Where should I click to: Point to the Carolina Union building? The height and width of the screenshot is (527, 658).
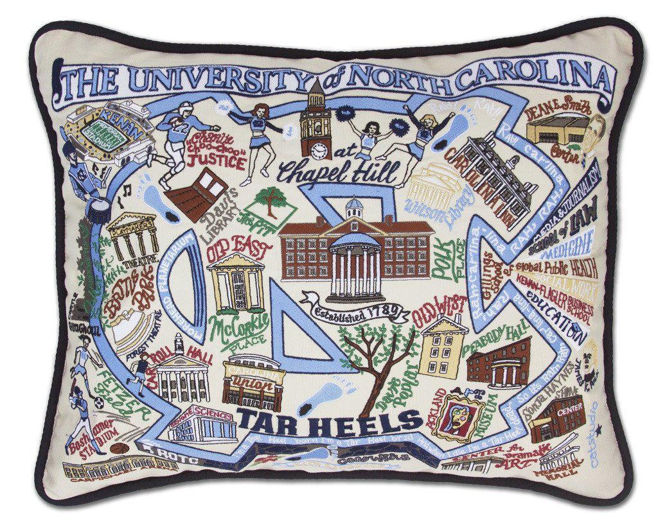click(253, 384)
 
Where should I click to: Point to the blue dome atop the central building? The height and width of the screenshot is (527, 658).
click(355, 207)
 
